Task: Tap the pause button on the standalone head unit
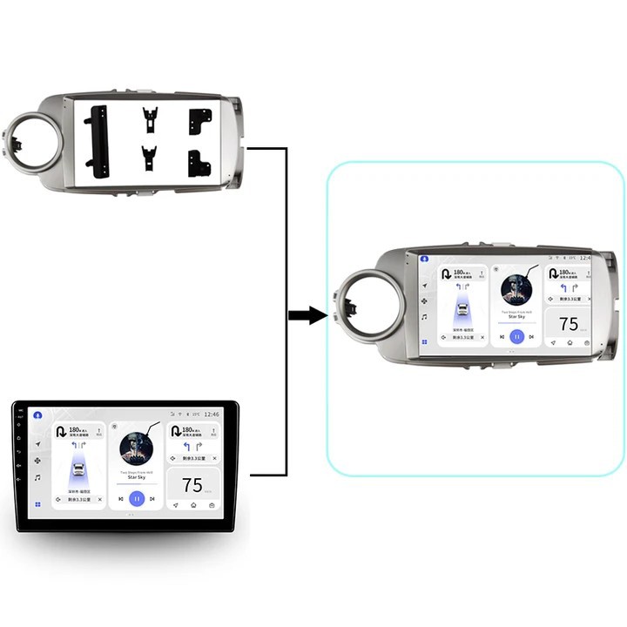pyautogui.click(x=137, y=499)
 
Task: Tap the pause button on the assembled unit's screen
pyautogui.click(x=516, y=336)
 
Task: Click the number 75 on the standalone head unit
pyautogui.click(x=192, y=485)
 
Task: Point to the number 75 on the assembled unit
pyautogui.click(x=569, y=324)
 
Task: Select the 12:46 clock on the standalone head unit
pyautogui.click(x=212, y=415)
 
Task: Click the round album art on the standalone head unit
pyautogui.click(x=136, y=448)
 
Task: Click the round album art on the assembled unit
pyautogui.click(x=516, y=288)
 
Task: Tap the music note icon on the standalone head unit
pyautogui.click(x=37, y=477)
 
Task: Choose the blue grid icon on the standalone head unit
pyautogui.click(x=37, y=504)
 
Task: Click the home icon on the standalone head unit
pyautogui.click(x=193, y=505)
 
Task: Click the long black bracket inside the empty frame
pyautogui.click(x=97, y=141)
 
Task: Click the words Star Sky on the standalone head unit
pyautogui.click(x=136, y=477)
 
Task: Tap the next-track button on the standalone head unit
pyautogui.click(x=152, y=499)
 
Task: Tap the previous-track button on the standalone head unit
pyautogui.click(x=120, y=499)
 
